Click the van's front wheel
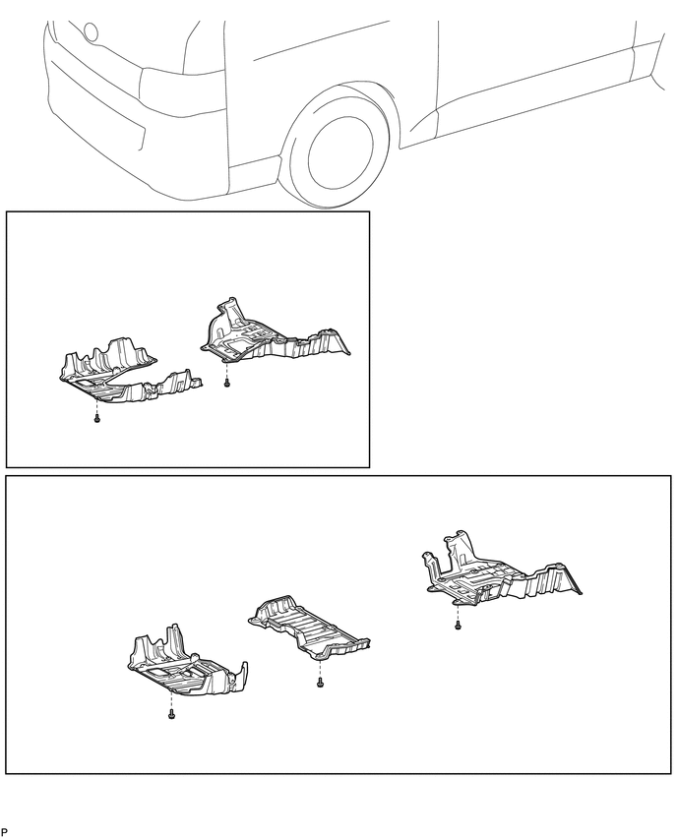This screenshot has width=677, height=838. click(339, 149)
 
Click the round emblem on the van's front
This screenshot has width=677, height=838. click(92, 31)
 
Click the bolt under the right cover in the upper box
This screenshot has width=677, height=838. click(226, 383)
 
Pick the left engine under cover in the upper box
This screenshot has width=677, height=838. click(128, 372)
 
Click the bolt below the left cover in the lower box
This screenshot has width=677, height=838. click(171, 714)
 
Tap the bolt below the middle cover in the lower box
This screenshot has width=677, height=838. click(320, 683)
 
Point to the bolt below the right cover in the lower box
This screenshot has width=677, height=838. click(458, 625)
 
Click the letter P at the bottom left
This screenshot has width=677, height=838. click(4, 831)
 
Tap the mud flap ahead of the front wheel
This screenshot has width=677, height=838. click(256, 172)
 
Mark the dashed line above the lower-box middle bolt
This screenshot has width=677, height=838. click(320, 670)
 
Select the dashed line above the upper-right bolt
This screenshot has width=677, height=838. click(226, 370)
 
